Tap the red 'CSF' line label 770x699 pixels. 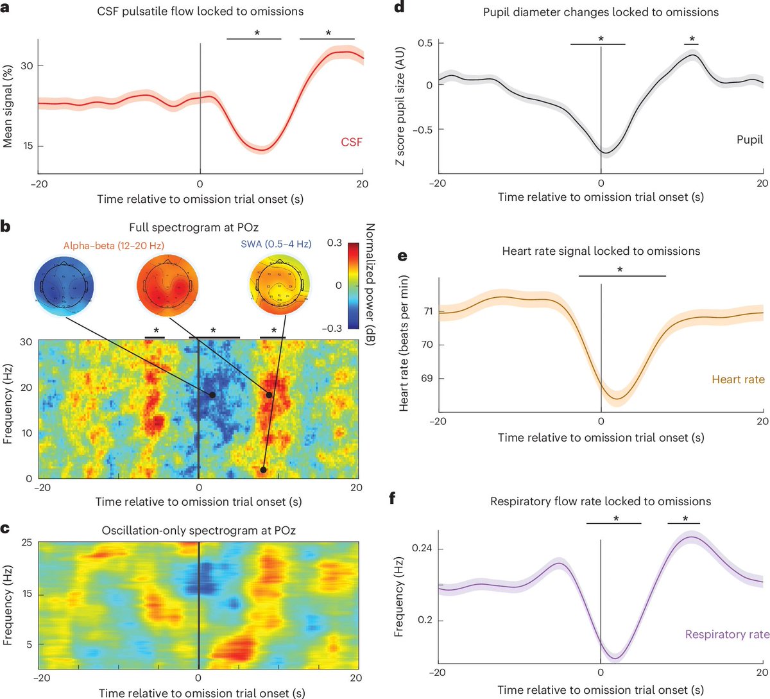coord(352,142)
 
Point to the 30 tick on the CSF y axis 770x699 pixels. coord(25,65)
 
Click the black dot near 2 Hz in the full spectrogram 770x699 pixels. coord(262,470)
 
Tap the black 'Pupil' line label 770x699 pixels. coord(749,140)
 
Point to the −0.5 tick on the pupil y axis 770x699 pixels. coord(424,129)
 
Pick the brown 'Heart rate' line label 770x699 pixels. coord(738,379)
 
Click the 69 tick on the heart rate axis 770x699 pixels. coord(426,378)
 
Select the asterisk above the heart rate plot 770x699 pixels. coord(620,270)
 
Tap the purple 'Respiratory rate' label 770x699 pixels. coord(727,634)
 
